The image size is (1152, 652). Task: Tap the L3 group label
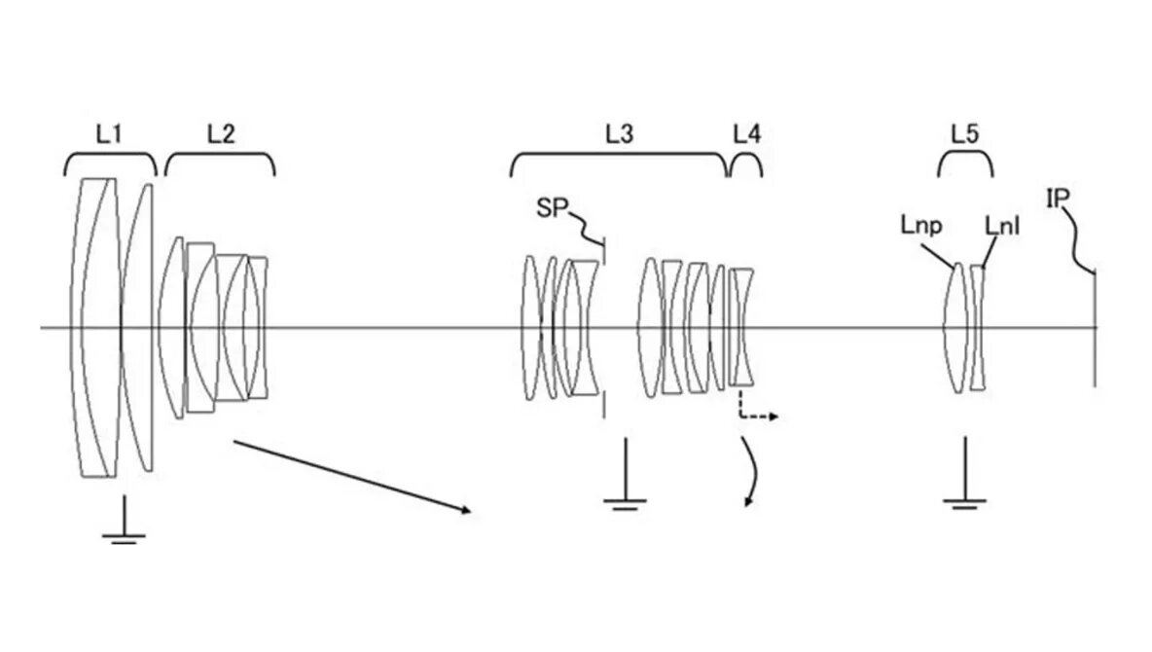click(619, 134)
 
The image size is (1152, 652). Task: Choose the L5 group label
click(964, 134)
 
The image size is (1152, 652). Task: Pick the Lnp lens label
click(920, 227)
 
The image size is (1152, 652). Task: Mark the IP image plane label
click(1059, 199)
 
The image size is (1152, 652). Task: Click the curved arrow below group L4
click(750, 472)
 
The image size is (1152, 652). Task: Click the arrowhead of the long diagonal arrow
click(465, 510)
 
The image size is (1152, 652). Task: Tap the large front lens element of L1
click(97, 328)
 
